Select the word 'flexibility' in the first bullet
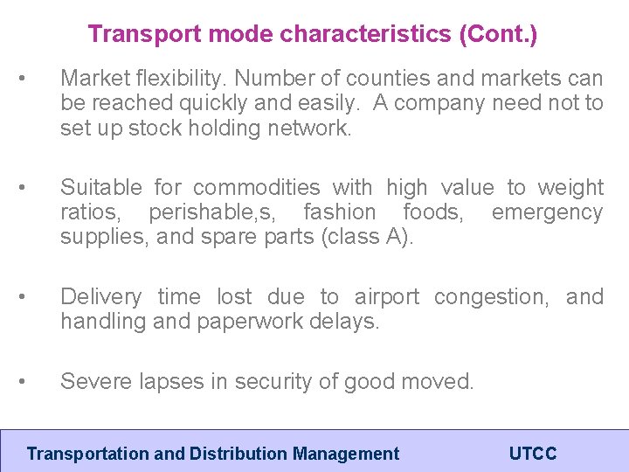180,79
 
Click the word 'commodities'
255,187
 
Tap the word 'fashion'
343,212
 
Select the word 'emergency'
547,212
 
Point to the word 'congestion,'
492,296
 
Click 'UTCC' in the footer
532,454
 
